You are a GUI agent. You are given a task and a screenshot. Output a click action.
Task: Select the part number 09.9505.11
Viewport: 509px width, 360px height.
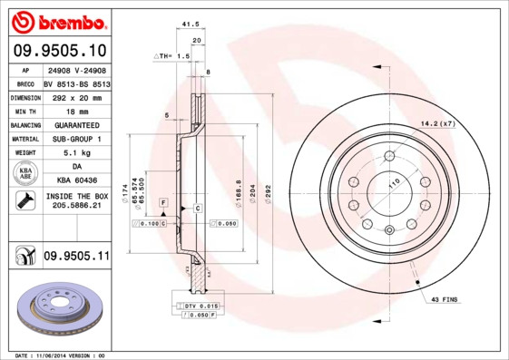[x=75, y=258]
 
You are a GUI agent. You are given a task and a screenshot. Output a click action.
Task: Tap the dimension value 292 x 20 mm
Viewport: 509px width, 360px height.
[x=75, y=95]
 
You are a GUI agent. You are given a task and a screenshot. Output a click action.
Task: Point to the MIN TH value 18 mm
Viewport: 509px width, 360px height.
[x=75, y=110]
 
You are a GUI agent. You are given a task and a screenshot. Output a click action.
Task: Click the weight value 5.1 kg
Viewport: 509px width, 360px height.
[x=75, y=153]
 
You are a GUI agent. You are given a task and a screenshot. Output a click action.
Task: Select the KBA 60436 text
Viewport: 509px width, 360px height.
[x=75, y=182]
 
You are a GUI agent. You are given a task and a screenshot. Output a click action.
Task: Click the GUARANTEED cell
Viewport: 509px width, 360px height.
[x=75, y=124]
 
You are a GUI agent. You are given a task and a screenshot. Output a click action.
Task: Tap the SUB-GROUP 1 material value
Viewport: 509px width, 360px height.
[x=75, y=139]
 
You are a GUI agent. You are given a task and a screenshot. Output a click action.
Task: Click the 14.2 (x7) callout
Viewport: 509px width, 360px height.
[x=437, y=122]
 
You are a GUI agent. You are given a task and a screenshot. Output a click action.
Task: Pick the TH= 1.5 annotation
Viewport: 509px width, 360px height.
[x=172, y=56]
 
